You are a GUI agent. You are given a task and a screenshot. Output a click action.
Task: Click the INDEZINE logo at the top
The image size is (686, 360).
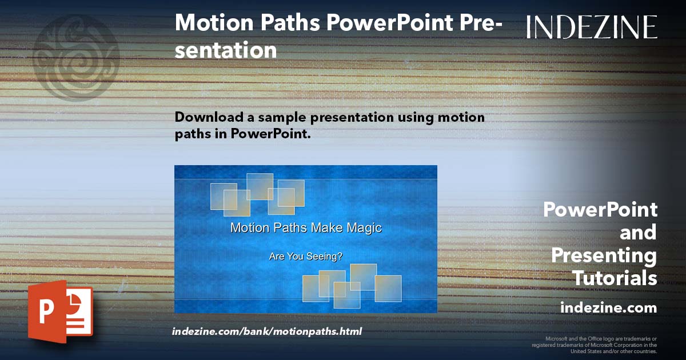(x=592, y=27)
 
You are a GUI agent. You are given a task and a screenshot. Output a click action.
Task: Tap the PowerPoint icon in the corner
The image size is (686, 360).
(x=60, y=311)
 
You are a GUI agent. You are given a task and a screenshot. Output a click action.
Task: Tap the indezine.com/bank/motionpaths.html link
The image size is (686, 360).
(x=267, y=331)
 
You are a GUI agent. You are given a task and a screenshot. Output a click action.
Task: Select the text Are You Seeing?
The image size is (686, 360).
(x=306, y=257)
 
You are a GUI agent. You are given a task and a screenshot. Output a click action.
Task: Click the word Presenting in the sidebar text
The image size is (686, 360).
(x=604, y=255)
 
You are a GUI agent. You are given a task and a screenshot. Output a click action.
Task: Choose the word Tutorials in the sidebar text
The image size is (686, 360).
(x=615, y=278)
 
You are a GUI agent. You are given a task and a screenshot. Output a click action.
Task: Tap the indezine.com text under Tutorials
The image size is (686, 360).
(x=608, y=308)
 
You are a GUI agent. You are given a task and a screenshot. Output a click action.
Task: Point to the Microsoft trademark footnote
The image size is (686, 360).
(x=594, y=345)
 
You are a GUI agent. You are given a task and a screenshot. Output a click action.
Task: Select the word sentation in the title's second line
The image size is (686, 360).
(x=226, y=50)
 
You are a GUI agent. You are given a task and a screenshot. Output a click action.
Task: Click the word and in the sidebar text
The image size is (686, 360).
(x=638, y=233)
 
